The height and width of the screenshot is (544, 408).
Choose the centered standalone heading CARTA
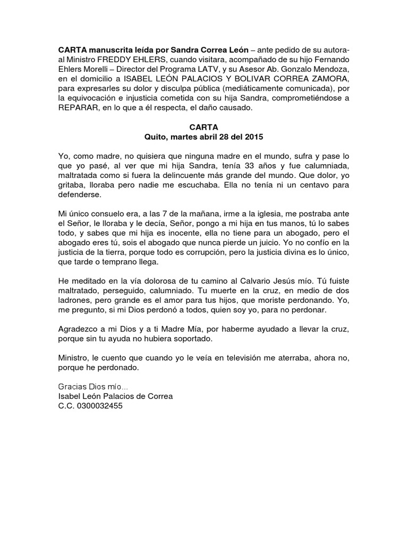tap(203, 127)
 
